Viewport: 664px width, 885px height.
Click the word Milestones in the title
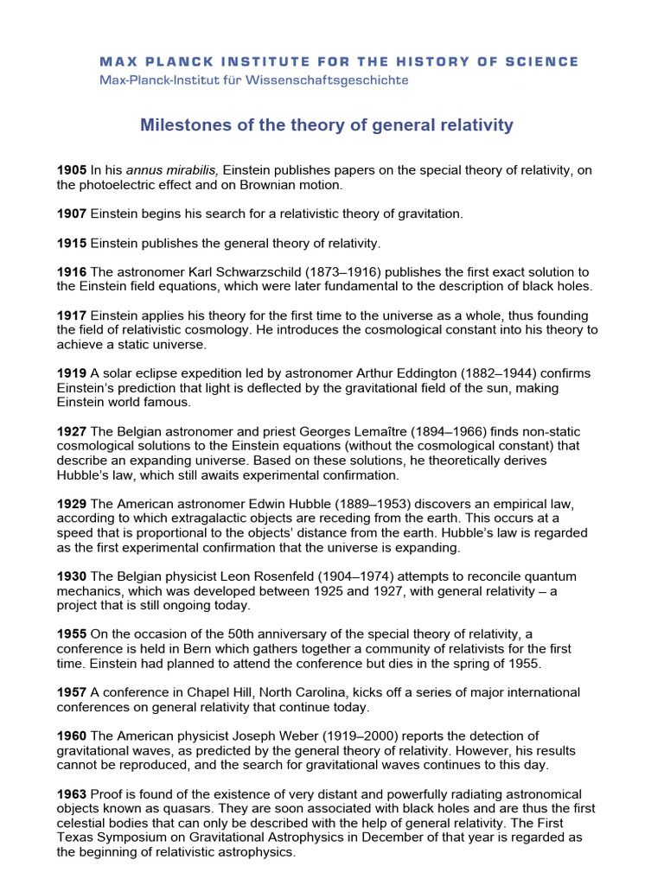pos(184,126)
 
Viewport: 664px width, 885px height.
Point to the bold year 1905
pos(72,171)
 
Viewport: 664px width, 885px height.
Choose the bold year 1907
pos(72,213)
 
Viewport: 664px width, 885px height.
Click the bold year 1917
pos(72,316)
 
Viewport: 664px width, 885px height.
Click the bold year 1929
pos(72,505)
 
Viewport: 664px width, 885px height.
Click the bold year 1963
pos(72,794)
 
